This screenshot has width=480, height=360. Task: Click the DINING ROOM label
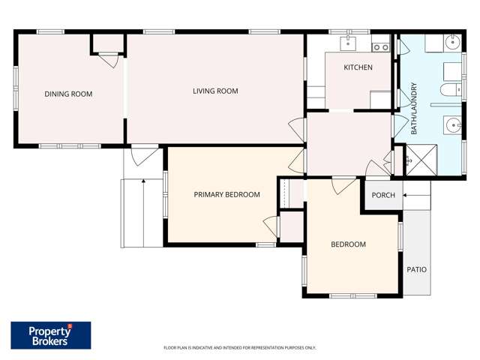68,94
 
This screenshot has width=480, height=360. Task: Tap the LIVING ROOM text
215,91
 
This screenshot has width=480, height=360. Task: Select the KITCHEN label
358,67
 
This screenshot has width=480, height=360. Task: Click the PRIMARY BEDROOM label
226,195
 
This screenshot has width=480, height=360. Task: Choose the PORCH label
383,196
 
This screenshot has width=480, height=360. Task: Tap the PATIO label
416,269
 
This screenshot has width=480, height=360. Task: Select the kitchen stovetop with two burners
381,47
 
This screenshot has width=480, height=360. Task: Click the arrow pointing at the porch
415,196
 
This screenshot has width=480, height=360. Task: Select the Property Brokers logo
51,335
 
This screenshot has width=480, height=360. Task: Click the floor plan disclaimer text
240,348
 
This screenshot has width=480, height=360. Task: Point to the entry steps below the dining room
142,213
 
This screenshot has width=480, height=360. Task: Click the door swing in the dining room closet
111,60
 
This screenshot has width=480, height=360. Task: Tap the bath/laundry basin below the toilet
453,124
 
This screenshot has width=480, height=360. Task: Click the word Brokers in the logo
49,341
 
